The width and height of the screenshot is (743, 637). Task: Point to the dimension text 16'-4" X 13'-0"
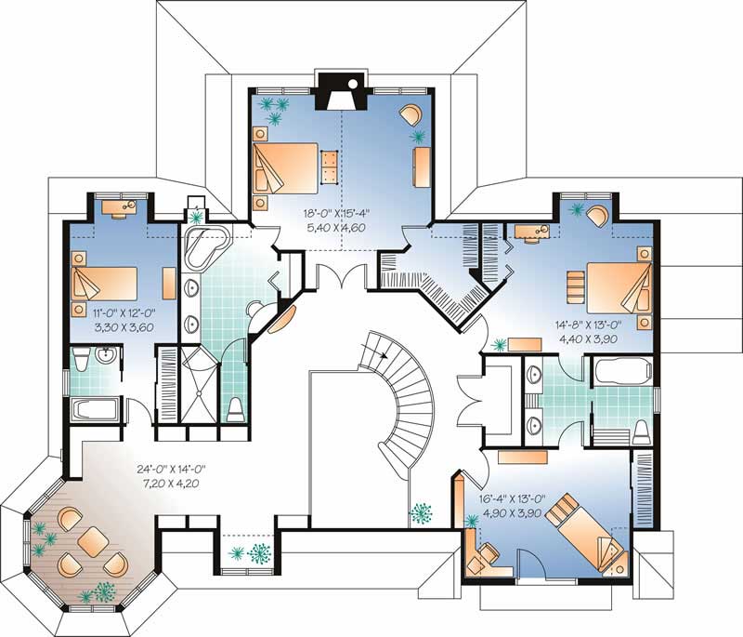[509, 484]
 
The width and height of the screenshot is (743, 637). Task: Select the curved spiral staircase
[404, 391]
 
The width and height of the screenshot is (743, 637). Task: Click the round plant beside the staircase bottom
[422, 513]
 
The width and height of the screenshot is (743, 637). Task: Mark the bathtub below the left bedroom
[95, 410]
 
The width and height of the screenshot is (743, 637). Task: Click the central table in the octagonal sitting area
[93, 540]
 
